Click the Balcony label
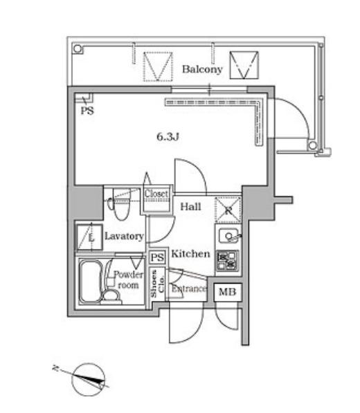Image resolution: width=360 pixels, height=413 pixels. click(x=202, y=70)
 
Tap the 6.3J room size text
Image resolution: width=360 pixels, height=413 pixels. click(x=168, y=137)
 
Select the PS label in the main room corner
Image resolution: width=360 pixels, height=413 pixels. click(x=87, y=111)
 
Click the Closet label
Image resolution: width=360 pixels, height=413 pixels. click(x=156, y=194)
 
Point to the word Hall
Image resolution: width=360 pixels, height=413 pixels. click(x=190, y=206)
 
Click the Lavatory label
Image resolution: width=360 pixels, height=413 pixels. click(x=124, y=236)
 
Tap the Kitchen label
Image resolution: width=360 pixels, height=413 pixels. click(x=190, y=254)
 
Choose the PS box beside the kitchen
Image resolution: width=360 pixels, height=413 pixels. click(x=157, y=257)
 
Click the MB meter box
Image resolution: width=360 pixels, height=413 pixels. click(x=228, y=292)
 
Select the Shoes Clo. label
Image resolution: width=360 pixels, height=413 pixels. click(x=157, y=284)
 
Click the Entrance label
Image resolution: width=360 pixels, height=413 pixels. click(x=189, y=289)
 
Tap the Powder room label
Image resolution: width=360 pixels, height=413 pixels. click(x=128, y=279)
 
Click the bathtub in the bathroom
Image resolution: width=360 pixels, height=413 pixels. click(x=91, y=282)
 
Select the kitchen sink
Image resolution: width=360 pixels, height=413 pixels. click(x=228, y=236)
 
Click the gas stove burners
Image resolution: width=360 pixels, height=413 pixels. click(x=228, y=261)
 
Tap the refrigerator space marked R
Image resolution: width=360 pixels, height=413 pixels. click(x=228, y=210)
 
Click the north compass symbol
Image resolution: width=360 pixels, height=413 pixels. click(x=89, y=379)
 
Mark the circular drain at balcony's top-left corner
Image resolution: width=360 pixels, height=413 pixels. click(x=78, y=48)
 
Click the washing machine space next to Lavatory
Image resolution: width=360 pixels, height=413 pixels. click(x=89, y=237)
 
